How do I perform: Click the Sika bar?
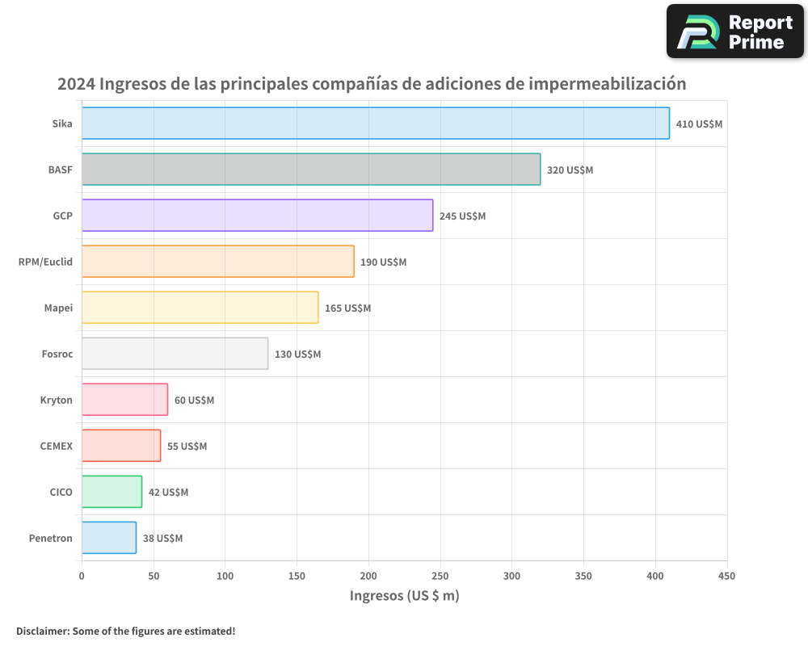coord(376,124)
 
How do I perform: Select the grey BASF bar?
coord(311,170)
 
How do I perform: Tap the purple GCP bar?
coord(257,216)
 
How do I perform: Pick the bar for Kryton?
coord(124,400)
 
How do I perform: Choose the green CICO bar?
coord(112,492)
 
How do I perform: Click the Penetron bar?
coord(109,538)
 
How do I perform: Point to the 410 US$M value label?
coord(699,124)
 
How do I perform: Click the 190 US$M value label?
coord(383,262)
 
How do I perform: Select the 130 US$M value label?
coord(297,354)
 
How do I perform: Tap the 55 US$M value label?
coord(187,447)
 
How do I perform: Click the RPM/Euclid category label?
coord(45,262)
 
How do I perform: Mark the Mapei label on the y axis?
coord(58,308)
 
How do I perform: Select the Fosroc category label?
coord(57,354)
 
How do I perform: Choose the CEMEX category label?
coord(56,446)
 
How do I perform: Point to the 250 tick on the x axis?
coord(440,576)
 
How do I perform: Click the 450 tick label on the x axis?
coord(726,576)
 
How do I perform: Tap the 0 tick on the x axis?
coord(82,576)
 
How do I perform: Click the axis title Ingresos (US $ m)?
coord(404,596)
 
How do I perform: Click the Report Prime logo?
coord(734,31)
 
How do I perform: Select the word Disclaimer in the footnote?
coord(41,631)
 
